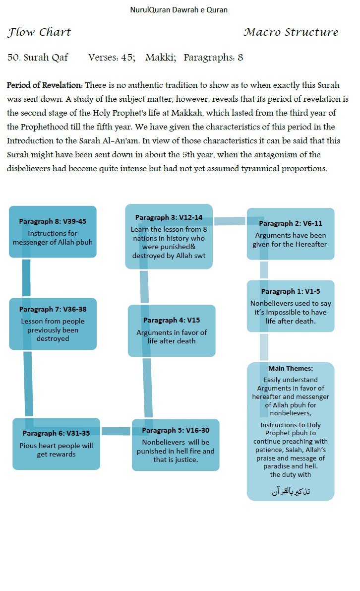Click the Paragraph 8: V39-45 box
pos(53,232)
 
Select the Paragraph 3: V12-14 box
pos(169,236)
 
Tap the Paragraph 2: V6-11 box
pos(291,234)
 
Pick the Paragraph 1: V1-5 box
pos(291,306)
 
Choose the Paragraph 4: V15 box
pos(172,330)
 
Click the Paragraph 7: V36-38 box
pos(53,324)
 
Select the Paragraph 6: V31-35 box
pos(56,444)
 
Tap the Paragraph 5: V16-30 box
pos(176,445)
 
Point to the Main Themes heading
pos(291,369)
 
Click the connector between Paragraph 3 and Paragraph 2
pos(230,221)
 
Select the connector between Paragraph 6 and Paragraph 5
pos(116,431)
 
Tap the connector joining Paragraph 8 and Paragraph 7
pos(26,278)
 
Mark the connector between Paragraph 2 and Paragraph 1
pos(264,270)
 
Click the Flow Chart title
pos(39,33)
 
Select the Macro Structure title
pos(291,33)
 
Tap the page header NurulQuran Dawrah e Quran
pos(179,10)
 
